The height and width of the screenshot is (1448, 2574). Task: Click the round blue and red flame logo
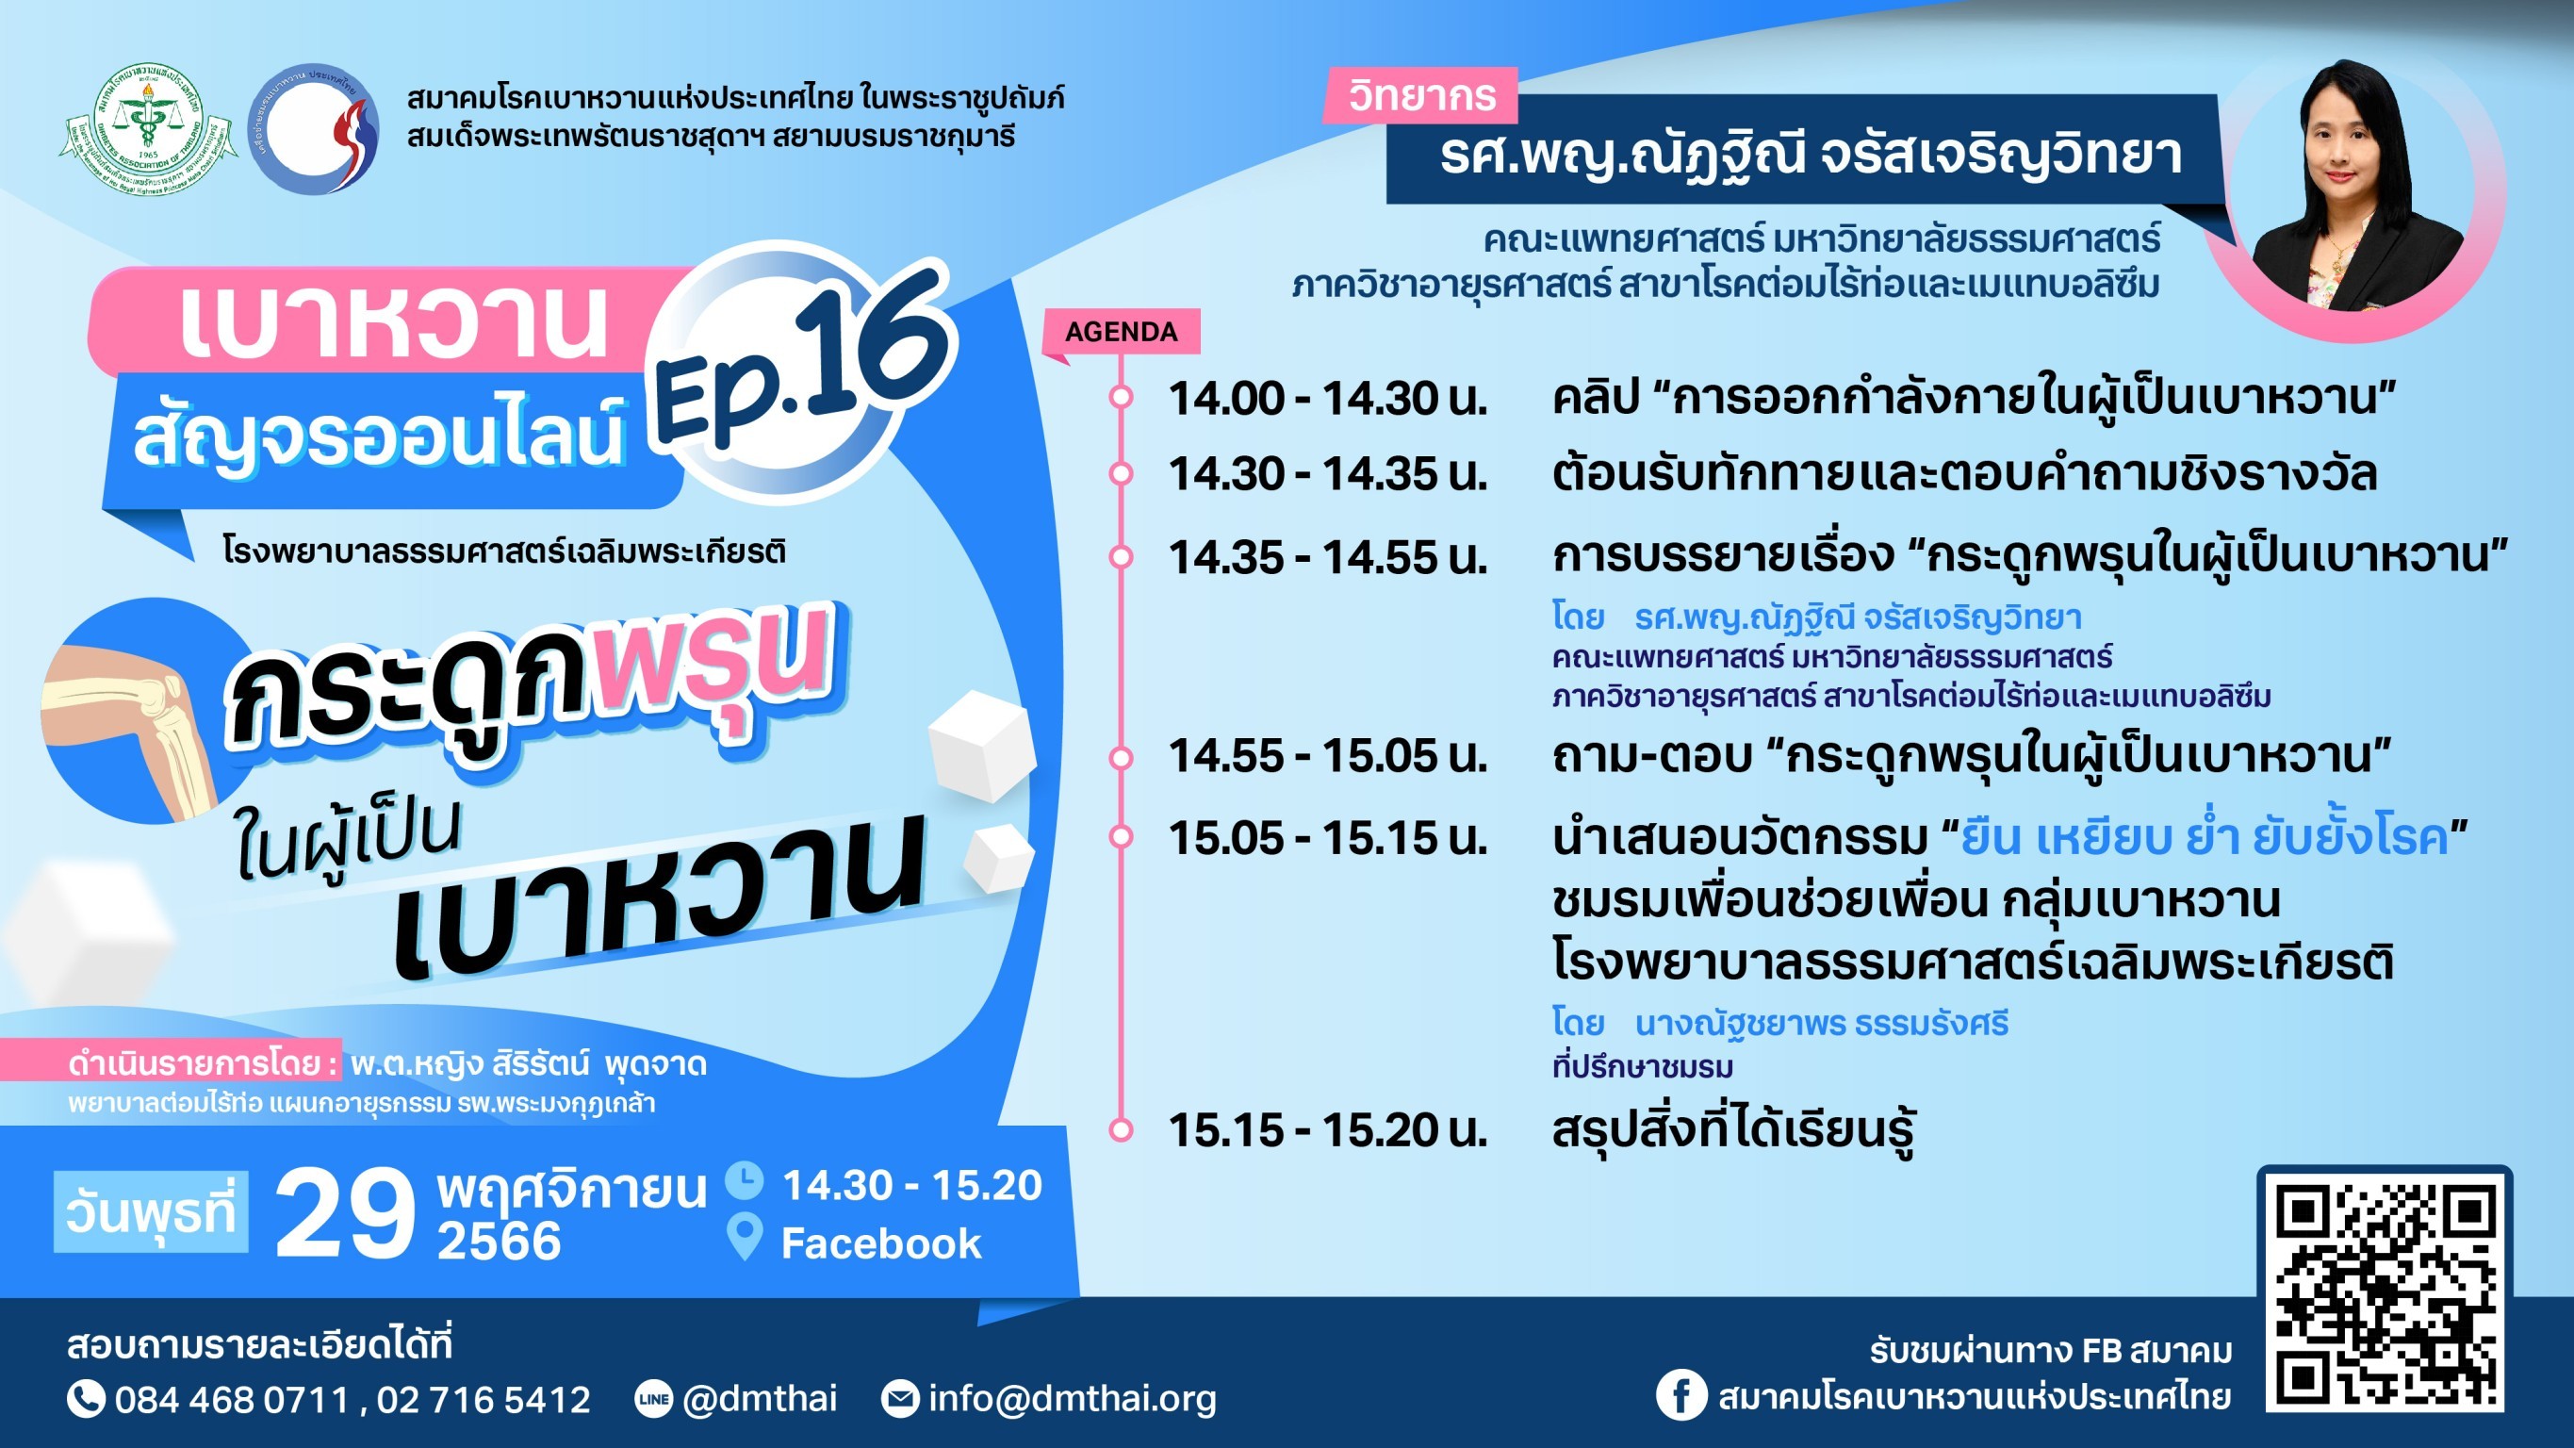[313, 129]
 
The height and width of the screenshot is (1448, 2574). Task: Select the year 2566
[499, 1242]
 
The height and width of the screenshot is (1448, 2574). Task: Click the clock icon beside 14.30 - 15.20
[745, 1180]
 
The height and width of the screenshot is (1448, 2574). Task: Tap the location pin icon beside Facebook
[745, 1237]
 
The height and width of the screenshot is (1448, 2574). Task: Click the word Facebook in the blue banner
[881, 1244]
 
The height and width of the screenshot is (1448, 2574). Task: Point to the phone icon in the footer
[86, 1399]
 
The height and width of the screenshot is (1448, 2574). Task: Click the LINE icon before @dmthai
[653, 1399]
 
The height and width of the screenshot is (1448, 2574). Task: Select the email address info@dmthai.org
[1073, 1399]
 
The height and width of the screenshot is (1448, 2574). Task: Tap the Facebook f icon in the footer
[1680, 1394]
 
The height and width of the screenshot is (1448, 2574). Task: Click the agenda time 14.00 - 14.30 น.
[1328, 398]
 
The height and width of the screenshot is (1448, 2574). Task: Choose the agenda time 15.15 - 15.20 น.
[1328, 1130]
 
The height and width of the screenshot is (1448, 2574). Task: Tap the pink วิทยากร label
[1421, 96]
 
